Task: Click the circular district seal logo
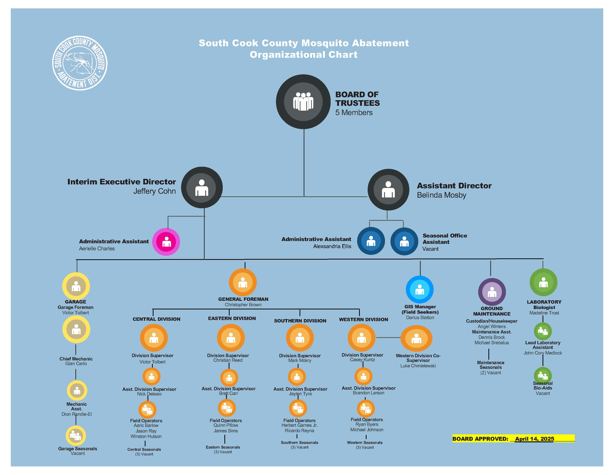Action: [80, 63]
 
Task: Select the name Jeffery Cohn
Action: [154, 191]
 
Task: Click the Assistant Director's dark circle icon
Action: [388, 190]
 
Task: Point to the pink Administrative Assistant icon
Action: [166, 242]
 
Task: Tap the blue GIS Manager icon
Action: [419, 289]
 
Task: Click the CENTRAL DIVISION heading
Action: [156, 319]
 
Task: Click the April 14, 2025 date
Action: [534, 439]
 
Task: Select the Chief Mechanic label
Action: [76, 359]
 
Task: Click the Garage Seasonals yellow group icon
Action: [76, 436]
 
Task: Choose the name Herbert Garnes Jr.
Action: [299, 425]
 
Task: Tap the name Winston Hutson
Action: [146, 436]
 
